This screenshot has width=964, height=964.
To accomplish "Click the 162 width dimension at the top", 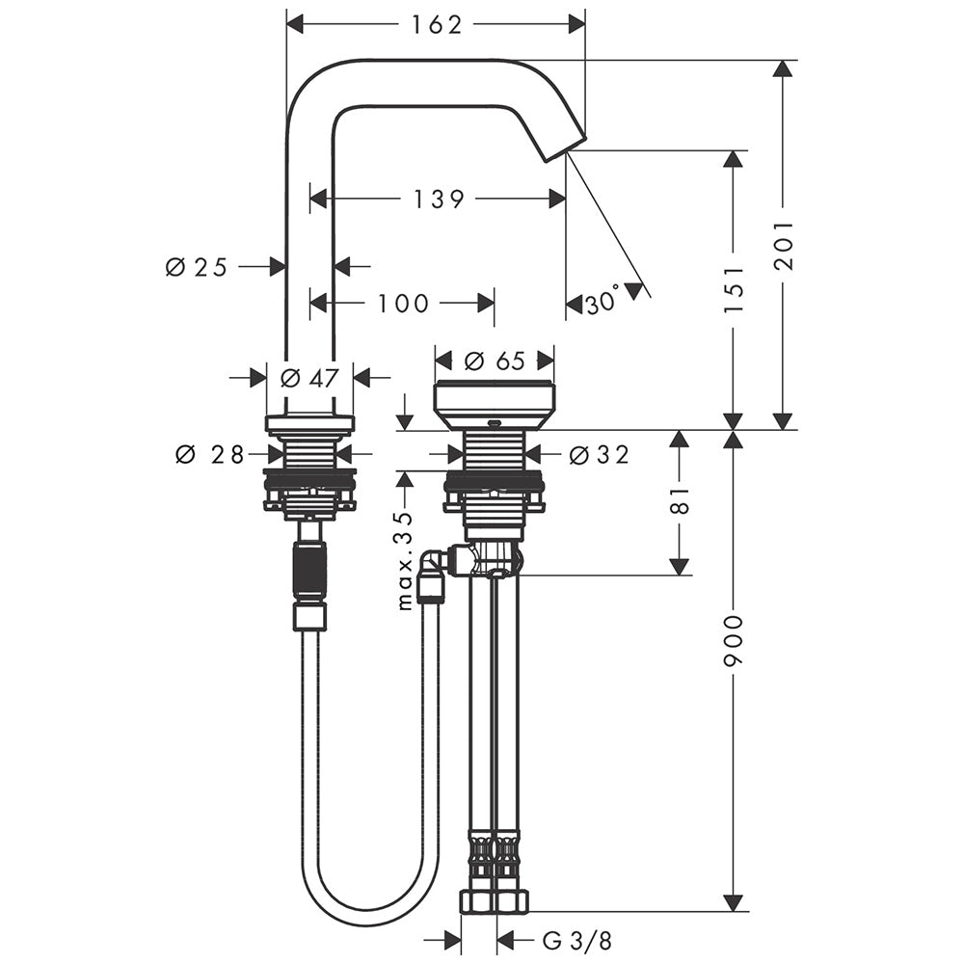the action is click(436, 24).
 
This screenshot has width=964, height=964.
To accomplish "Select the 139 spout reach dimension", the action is click(438, 199).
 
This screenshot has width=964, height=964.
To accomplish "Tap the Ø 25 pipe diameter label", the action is click(197, 267).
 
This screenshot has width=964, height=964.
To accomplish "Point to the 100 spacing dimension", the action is click(403, 303).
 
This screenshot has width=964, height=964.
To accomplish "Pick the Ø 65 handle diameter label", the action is click(495, 361).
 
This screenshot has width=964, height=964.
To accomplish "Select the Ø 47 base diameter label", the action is click(309, 378).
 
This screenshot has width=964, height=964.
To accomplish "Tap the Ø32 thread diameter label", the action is click(600, 454).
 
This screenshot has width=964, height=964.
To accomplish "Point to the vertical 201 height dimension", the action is click(784, 245).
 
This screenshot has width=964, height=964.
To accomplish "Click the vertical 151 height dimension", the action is click(733, 289).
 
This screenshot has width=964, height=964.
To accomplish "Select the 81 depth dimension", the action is click(681, 500).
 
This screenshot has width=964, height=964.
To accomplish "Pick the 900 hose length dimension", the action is click(733, 639).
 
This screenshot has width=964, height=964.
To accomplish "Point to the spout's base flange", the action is click(309, 423).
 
